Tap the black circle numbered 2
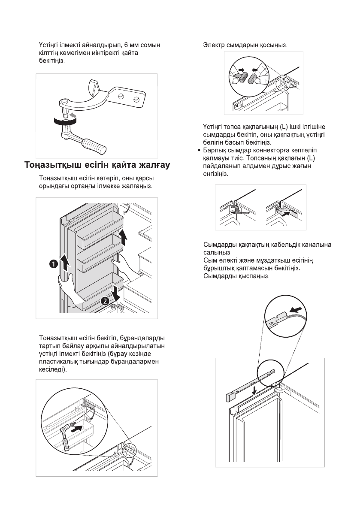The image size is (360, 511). click(x=104, y=301)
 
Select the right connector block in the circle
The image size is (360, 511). click(x=252, y=79)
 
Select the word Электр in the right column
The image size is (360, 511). click(x=214, y=45)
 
